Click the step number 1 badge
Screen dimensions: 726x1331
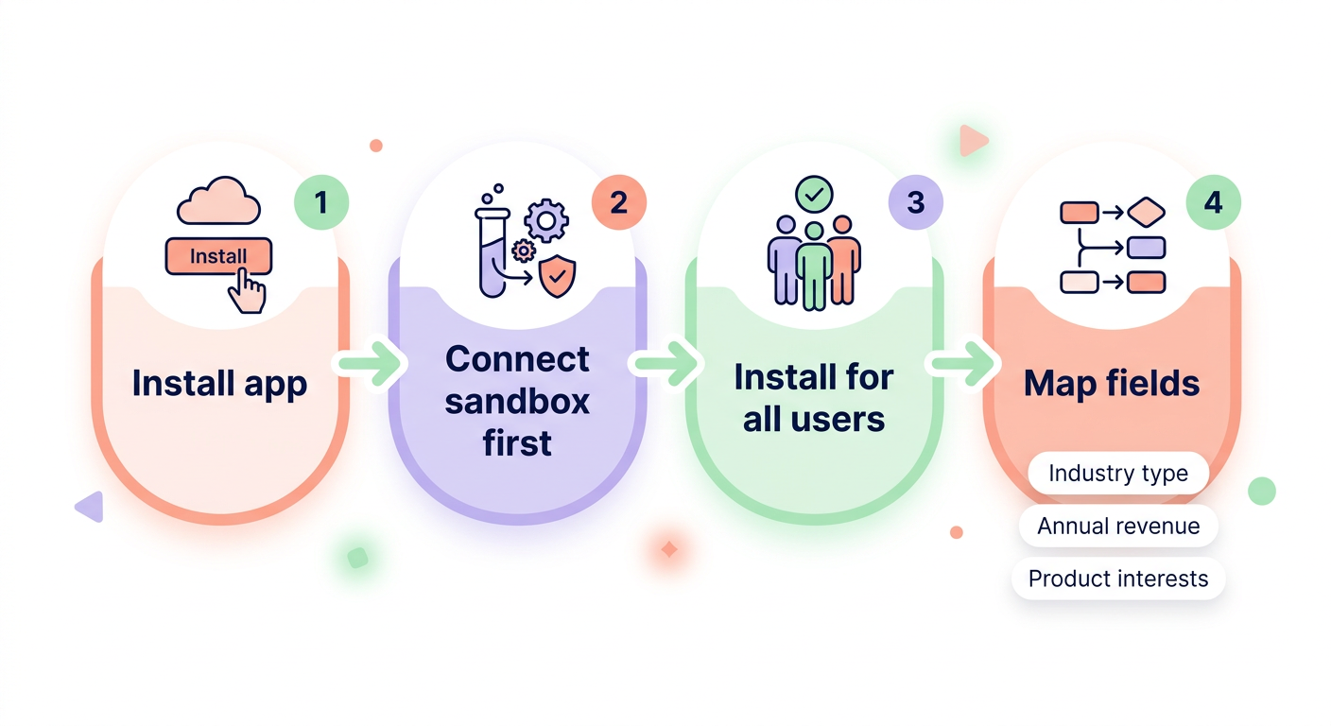tap(321, 202)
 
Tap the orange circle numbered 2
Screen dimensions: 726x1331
tap(618, 202)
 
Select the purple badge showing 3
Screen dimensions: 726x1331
tap(915, 202)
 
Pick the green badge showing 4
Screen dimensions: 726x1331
tap(1213, 202)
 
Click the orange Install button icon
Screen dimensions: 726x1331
tap(218, 256)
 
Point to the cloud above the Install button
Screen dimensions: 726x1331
tap(217, 199)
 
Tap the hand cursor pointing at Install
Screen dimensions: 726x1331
tap(249, 291)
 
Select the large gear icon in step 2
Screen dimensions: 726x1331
tap(545, 221)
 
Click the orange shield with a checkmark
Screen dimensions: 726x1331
tap(556, 277)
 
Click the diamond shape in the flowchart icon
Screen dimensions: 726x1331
tap(1147, 212)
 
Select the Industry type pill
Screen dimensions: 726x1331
tap(1118, 474)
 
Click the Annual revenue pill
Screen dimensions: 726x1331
tap(1118, 527)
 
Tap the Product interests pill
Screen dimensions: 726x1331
tap(1118, 579)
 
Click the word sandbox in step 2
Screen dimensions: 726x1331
tap(517, 401)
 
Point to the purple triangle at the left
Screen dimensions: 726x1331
tap(91, 507)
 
